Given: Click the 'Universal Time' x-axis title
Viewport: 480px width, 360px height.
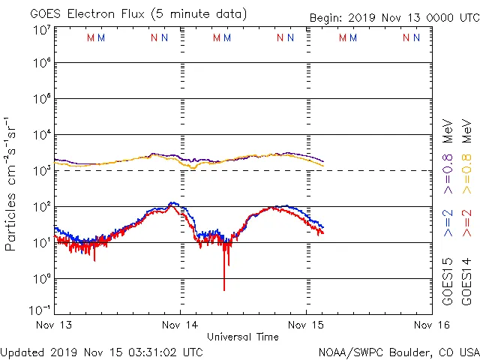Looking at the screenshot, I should [243, 337].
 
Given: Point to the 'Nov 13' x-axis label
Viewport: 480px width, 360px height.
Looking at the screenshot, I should [54, 325].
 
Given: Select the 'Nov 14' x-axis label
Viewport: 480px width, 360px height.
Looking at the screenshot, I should [180, 325].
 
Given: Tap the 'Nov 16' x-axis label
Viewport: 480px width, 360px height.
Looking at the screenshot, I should [432, 325].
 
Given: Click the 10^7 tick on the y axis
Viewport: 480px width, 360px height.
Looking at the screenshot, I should [42, 30].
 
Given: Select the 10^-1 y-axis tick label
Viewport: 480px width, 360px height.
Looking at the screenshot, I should [40, 310].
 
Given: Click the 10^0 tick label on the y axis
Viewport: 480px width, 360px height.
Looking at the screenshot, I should [42, 279].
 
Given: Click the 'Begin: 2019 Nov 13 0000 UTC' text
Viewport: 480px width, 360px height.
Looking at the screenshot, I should [394, 18].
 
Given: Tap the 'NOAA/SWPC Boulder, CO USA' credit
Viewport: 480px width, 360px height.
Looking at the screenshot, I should [398, 351].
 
